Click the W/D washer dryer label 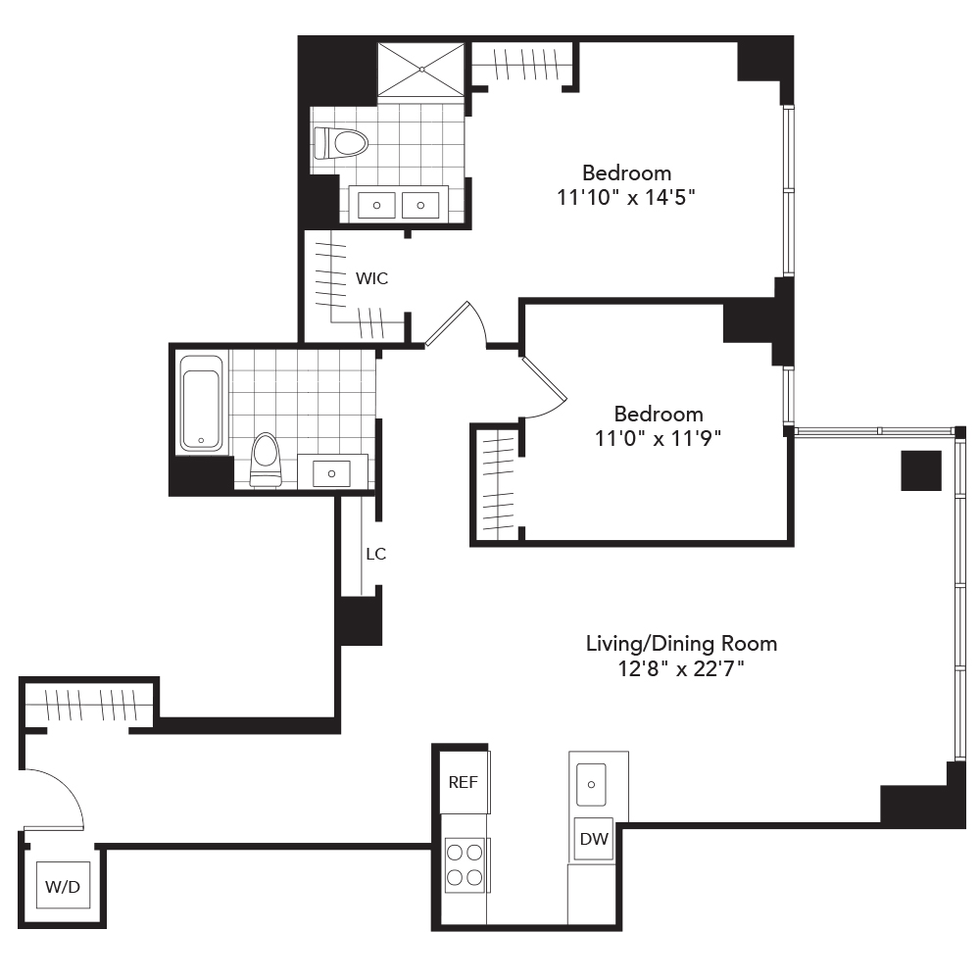click(62, 888)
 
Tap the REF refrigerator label click(463, 782)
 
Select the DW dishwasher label click(593, 840)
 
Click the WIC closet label click(371, 278)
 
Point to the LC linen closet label click(375, 554)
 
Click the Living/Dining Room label click(681, 644)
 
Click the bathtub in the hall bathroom click(201, 403)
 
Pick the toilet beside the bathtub click(265, 459)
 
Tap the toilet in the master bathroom click(342, 144)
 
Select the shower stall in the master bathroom click(421, 70)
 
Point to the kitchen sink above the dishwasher click(592, 783)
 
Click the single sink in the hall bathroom click(331, 472)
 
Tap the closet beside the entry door click(88, 704)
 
